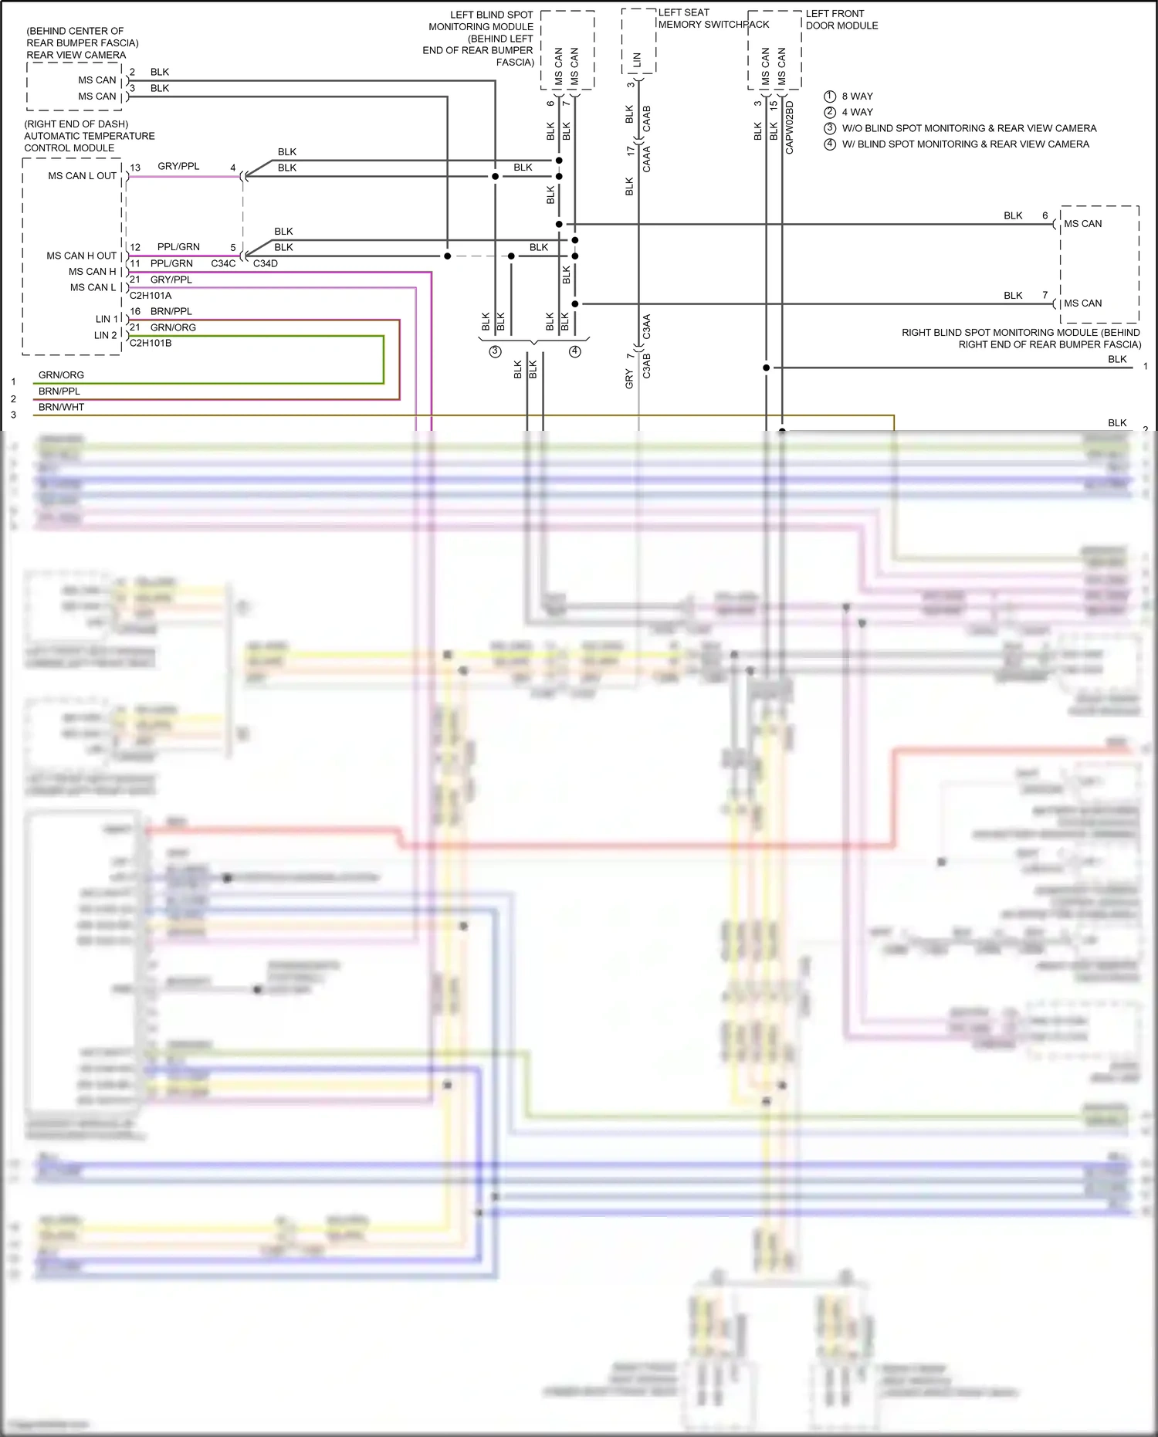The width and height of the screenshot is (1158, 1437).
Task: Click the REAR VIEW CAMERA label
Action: [76, 55]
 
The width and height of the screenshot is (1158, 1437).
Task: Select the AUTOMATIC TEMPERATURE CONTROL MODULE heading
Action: [89, 136]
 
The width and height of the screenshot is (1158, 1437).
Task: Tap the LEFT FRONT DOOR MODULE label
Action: [841, 19]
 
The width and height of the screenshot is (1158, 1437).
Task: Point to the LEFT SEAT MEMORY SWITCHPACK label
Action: [713, 19]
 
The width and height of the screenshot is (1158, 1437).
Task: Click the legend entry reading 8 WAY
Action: [857, 97]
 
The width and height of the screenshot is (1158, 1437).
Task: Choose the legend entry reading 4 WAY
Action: [857, 112]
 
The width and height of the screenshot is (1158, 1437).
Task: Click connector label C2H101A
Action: [151, 296]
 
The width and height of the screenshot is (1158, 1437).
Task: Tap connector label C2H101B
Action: [151, 343]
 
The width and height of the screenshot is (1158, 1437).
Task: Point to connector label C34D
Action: [265, 263]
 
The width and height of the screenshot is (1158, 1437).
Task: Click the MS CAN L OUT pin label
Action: [82, 176]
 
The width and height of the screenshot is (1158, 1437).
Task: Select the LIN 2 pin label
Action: [106, 335]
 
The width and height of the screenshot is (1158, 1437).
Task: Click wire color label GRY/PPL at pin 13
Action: [178, 166]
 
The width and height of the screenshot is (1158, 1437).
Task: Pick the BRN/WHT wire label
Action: [61, 407]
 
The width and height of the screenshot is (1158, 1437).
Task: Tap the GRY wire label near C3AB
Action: [629, 378]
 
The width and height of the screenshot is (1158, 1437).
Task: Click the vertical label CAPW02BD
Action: [789, 127]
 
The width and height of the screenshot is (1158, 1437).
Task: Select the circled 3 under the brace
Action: [495, 351]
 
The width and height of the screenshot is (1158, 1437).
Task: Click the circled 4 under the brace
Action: [574, 351]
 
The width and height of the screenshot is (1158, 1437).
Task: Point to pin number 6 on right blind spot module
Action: [1045, 215]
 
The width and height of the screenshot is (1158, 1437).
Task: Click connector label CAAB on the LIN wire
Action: [647, 118]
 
